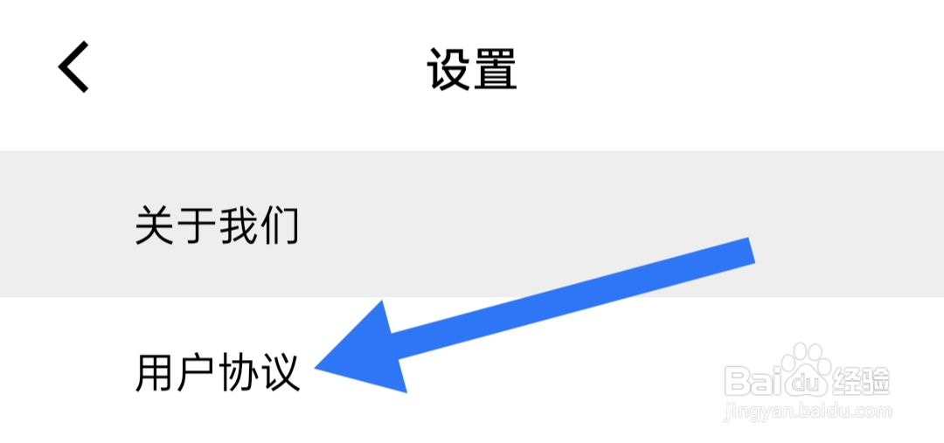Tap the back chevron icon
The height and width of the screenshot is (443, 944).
pos(74,68)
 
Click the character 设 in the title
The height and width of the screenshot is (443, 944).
pos(449,69)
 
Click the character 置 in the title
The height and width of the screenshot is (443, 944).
pos(496,69)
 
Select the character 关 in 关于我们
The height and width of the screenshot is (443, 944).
pos(156,225)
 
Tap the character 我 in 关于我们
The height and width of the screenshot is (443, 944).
pos(239,225)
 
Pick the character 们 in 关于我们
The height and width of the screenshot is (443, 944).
pos(281,225)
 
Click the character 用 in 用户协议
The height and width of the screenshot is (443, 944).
pos(156,372)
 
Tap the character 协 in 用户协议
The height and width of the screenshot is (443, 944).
pos(239,372)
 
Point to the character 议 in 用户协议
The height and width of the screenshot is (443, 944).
pos(281,372)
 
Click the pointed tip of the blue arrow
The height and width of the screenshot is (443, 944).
pos(318,368)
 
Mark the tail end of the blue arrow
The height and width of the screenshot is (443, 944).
pos(750,250)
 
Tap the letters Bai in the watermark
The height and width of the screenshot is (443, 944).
pos(757,381)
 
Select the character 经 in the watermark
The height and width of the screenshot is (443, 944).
pos(852,381)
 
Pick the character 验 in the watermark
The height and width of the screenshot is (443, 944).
pos(878,381)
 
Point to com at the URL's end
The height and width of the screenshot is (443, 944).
pos(871,410)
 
